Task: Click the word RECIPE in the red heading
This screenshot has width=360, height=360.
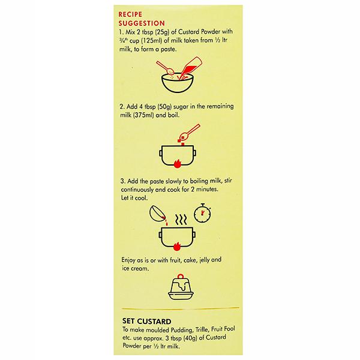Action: point(130,14)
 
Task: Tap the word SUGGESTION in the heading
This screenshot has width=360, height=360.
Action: point(142,23)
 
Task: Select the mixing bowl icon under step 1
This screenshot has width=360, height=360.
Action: point(177,82)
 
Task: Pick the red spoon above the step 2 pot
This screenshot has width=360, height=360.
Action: point(189,133)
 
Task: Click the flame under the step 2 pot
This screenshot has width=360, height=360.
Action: point(177,164)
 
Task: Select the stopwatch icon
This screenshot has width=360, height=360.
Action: point(202,213)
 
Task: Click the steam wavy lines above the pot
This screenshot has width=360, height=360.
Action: point(181,220)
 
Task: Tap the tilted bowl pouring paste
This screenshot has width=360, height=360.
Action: point(157,214)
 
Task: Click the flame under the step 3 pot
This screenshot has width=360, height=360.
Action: point(177,247)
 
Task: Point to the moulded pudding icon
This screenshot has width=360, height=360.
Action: point(181,287)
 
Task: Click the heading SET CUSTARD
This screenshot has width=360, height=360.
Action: point(147,321)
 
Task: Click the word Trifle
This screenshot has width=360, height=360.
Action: point(202,329)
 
